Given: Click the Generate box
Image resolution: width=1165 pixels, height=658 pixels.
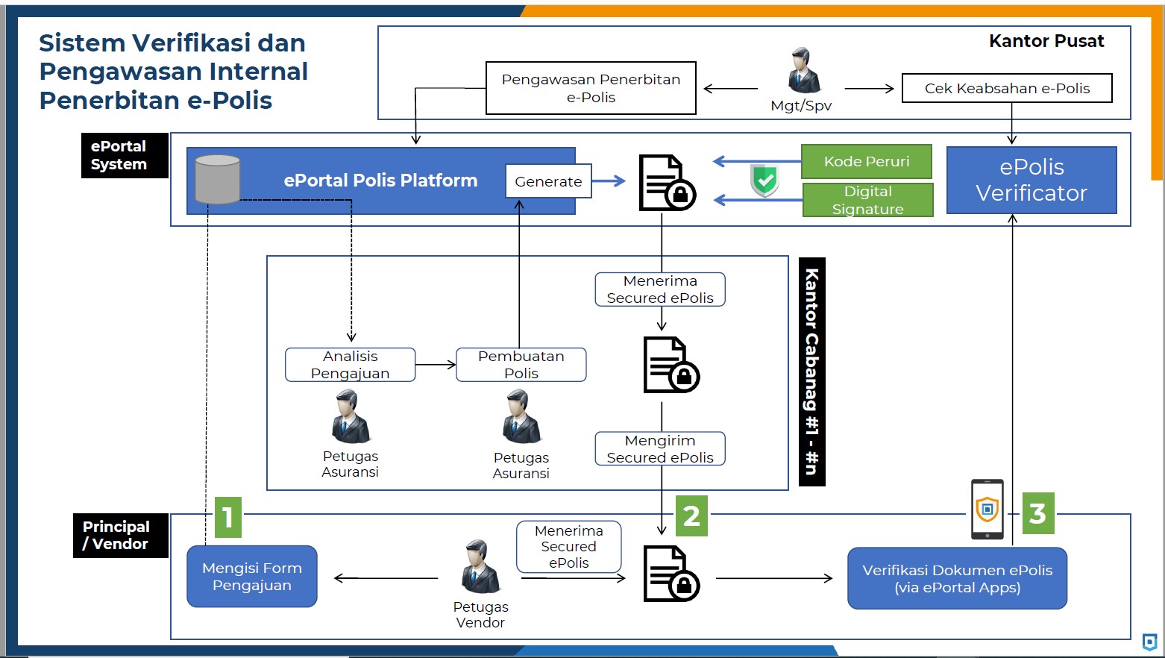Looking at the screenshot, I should [x=548, y=181].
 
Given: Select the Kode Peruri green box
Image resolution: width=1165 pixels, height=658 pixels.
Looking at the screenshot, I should [x=867, y=161].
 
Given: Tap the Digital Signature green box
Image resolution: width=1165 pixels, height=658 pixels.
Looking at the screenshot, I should [x=867, y=200].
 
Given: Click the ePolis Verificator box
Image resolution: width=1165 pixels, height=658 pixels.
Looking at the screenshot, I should [x=1031, y=181].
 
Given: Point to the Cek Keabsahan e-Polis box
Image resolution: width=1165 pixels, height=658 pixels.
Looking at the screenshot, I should [x=1007, y=88].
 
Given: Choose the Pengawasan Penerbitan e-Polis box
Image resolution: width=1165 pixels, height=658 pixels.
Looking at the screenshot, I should [x=591, y=88].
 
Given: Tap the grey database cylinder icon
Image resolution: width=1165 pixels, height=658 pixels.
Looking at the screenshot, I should [x=217, y=179].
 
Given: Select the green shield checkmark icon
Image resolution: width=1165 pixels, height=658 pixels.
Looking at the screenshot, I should [x=764, y=181].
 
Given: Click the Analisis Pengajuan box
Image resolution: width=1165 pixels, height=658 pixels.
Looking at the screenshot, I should [x=350, y=365].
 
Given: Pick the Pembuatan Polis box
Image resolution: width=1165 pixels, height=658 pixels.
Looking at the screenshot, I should [x=521, y=365].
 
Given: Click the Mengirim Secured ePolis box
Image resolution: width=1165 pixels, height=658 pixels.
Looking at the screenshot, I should [x=660, y=449].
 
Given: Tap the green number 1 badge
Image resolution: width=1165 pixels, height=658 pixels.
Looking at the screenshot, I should [x=228, y=517].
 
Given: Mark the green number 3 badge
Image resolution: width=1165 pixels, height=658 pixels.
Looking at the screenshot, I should [x=1037, y=513].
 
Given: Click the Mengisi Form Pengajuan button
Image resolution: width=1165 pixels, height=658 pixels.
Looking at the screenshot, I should [x=252, y=577].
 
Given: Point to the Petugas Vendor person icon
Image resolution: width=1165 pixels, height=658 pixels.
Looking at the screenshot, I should [x=480, y=567].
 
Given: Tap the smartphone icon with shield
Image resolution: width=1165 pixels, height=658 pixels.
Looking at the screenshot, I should [x=987, y=509].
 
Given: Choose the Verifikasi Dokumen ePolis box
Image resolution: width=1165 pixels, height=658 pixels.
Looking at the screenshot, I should [x=957, y=579].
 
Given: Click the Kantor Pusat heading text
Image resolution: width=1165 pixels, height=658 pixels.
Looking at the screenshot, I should [x=1046, y=42].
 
